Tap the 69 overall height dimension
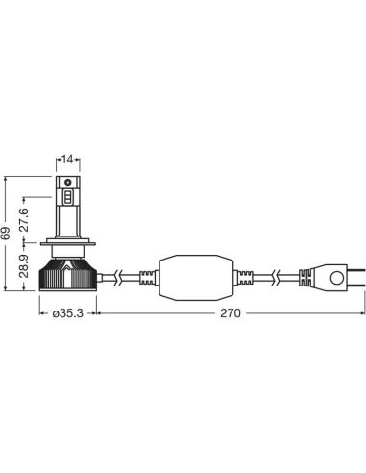[x=8, y=234]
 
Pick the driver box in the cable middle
[x=196, y=277]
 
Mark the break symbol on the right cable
[x=277, y=278]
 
